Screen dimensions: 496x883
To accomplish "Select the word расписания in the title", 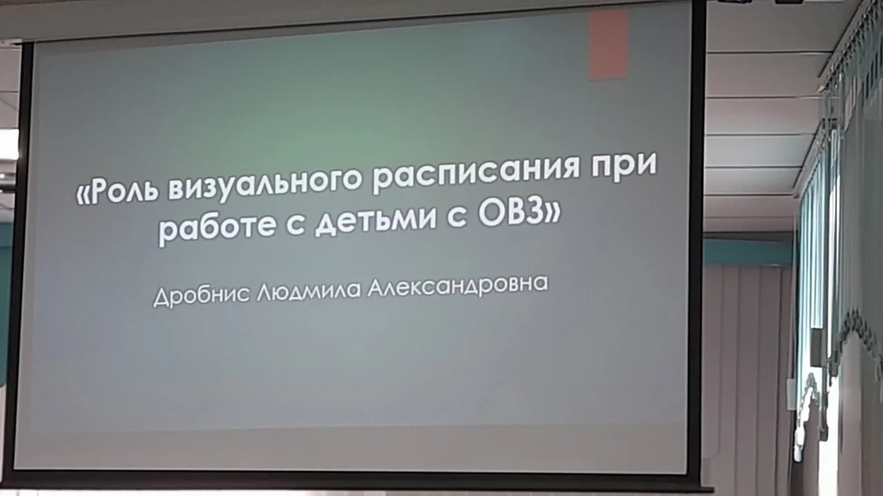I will (473, 175).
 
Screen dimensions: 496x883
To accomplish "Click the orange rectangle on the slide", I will (608, 44).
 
